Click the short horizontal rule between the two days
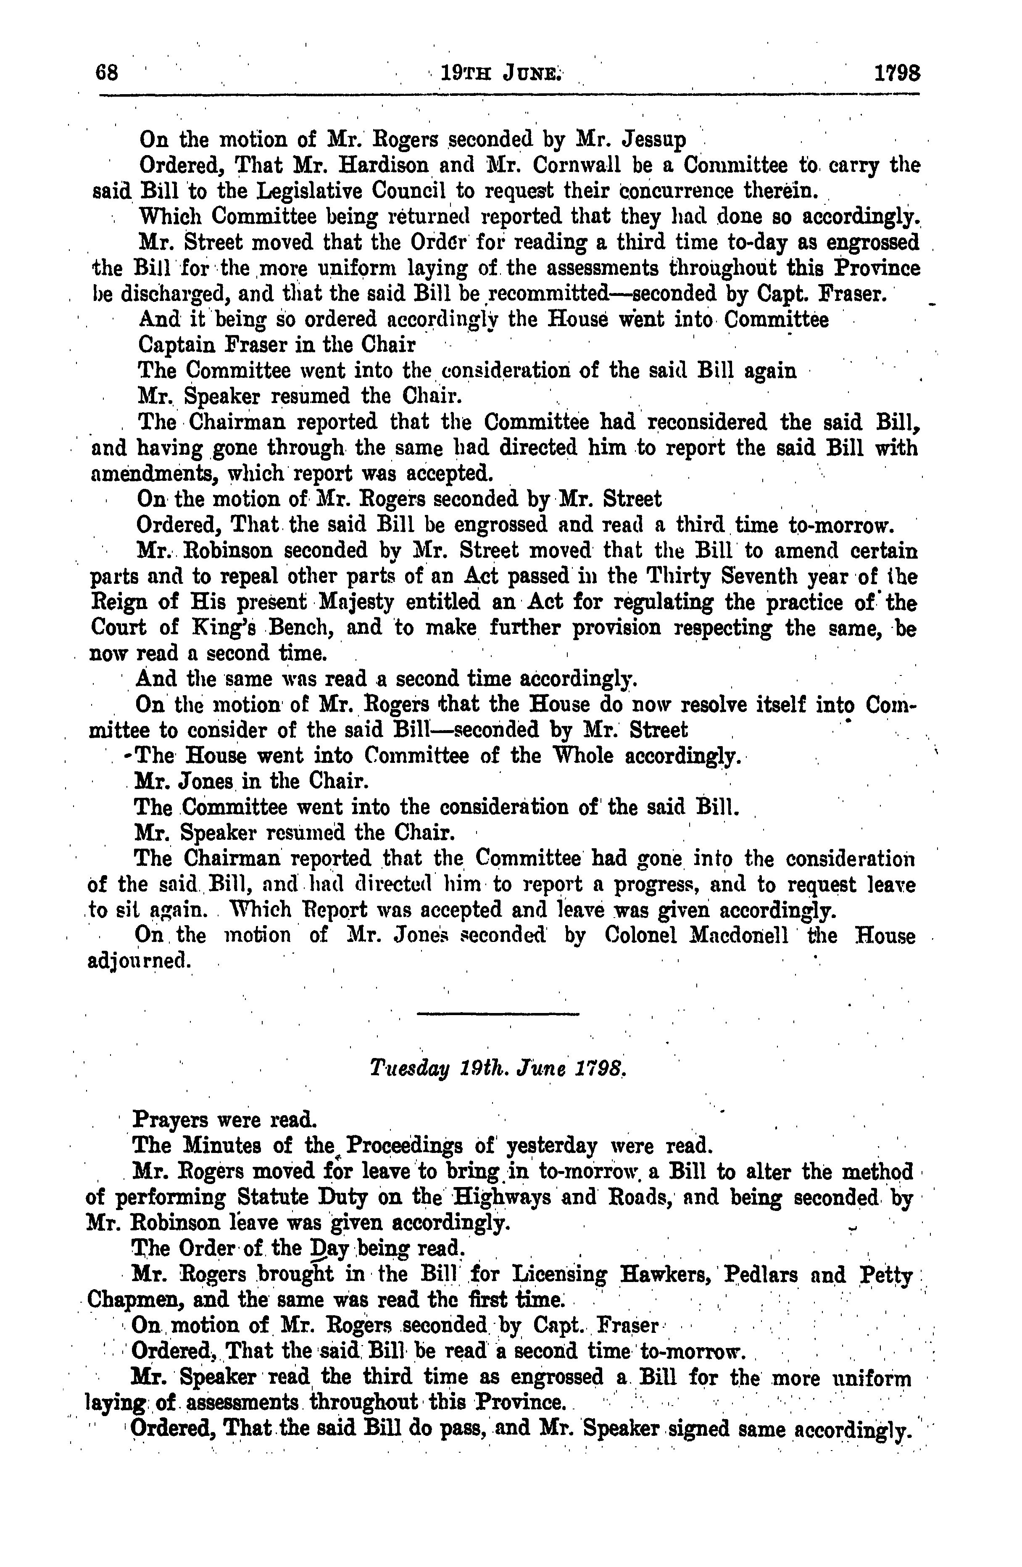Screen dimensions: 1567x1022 point(498,1013)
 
